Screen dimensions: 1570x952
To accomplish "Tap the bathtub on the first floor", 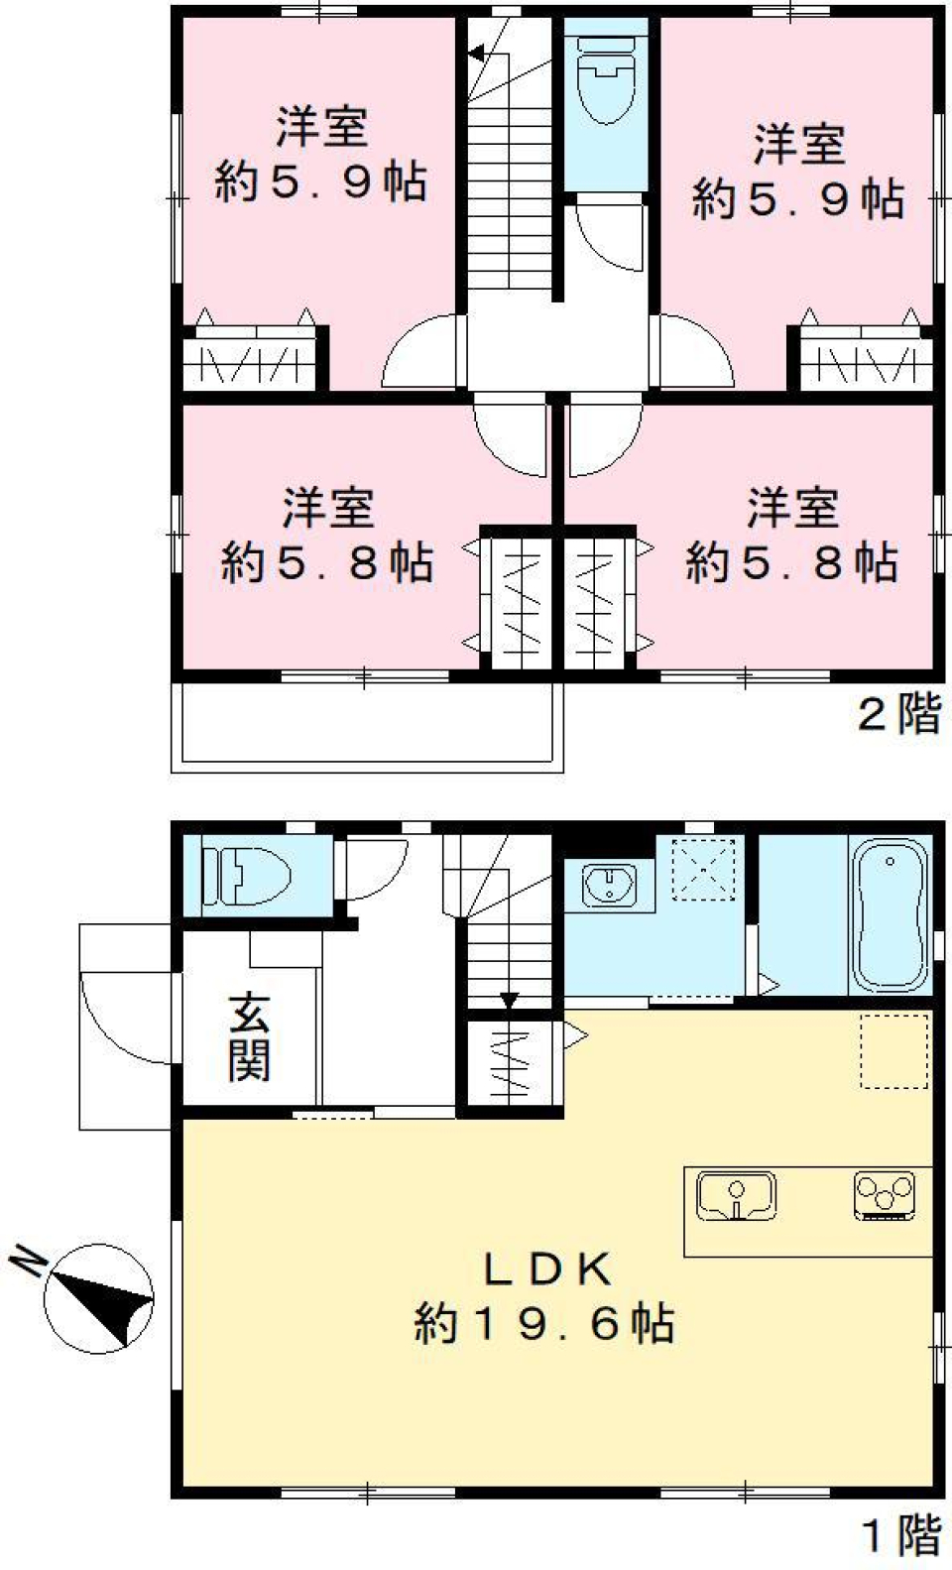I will coord(890,915).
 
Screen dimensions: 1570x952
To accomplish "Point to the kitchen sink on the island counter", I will coord(736,1195).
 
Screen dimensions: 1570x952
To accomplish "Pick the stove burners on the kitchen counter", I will coord(885,1195).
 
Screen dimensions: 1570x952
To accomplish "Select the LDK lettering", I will coord(546,1268).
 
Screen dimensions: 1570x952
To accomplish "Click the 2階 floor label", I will coord(898,713).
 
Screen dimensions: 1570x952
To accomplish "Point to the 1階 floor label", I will coord(901,1536).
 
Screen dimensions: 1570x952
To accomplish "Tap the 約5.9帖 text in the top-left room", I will coord(320,182).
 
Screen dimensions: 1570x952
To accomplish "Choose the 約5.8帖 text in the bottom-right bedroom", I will coord(791,562).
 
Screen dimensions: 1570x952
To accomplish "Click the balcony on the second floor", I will coord(367,724).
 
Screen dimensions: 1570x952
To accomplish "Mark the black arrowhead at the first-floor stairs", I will coord(509,1001).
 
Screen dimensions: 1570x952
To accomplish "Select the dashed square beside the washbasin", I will coord(703,870).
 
